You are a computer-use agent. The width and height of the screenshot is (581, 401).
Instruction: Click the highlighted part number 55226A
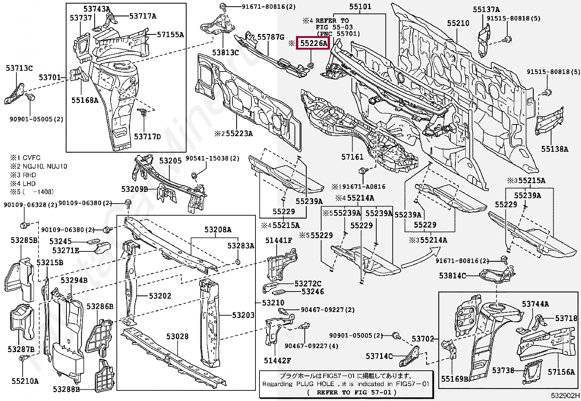[313, 43]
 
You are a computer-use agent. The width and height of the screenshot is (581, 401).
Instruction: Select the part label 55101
[360, 7]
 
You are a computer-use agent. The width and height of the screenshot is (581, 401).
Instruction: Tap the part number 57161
[352, 157]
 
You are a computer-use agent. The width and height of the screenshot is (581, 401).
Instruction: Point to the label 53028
[177, 336]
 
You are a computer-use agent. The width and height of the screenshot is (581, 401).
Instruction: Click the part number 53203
[243, 315]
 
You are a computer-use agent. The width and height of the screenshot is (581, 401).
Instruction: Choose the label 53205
[170, 161]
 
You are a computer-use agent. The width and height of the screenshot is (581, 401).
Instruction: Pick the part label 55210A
[25, 381]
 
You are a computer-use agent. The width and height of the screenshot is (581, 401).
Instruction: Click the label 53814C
[452, 275]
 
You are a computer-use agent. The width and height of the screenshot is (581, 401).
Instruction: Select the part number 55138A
[555, 149]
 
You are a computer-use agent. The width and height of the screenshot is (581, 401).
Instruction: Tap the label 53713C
[19, 68]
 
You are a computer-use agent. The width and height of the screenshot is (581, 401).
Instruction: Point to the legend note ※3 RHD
[23, 175]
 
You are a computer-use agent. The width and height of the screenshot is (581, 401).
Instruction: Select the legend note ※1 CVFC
[26, 158]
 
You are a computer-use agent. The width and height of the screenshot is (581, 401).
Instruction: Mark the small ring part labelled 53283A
[238, 262]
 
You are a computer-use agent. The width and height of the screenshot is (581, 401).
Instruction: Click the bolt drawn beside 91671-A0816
[362, 171]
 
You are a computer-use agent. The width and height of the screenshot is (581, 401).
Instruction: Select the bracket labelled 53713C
[15, 93]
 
